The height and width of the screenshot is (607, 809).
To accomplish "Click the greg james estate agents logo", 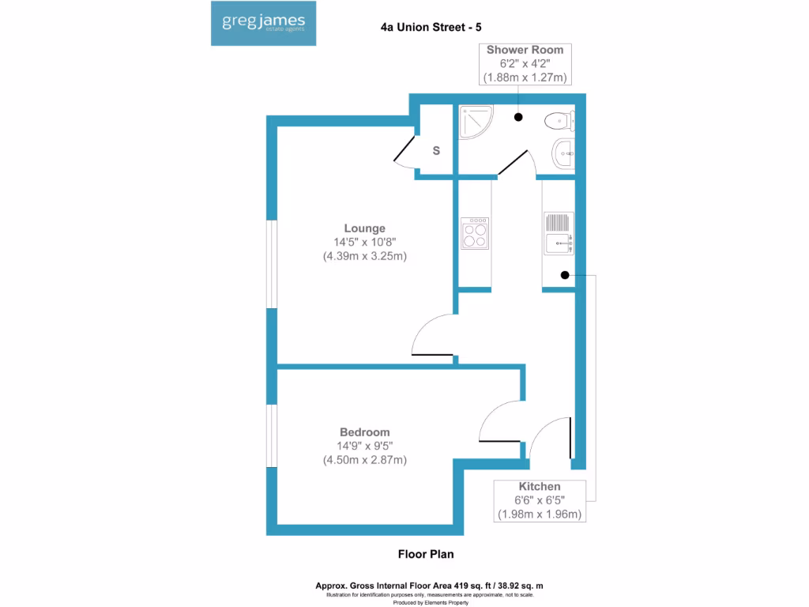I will coord(264,24).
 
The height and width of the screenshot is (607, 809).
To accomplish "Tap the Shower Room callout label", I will coord(525,64).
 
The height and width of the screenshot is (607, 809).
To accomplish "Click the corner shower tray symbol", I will coord(476,122).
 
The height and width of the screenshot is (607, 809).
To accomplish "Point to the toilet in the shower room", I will coord(560,121).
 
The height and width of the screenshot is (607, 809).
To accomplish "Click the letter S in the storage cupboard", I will coord(435,150).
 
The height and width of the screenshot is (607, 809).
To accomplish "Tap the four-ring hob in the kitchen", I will coord(475,233).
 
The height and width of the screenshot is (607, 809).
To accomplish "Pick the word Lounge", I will coord(364,228).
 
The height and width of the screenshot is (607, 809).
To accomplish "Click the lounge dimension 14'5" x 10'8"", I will coord(364,243).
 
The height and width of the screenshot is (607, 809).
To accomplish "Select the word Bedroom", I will coord(364,432).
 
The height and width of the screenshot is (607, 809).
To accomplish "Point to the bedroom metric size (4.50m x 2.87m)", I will coord(364,460).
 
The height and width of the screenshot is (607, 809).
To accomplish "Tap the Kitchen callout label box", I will coord(540,500).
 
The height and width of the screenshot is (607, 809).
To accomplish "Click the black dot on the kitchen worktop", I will coord(565,275).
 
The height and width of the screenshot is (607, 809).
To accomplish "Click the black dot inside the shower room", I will coord(518,117).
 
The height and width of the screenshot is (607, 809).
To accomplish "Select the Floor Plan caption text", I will coord(425,554).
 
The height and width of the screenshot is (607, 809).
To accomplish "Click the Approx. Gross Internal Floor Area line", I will coord(430,586).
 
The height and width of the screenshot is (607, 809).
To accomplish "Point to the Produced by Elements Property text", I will coord(430,602).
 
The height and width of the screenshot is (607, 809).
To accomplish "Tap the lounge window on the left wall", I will coord(270,263).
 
